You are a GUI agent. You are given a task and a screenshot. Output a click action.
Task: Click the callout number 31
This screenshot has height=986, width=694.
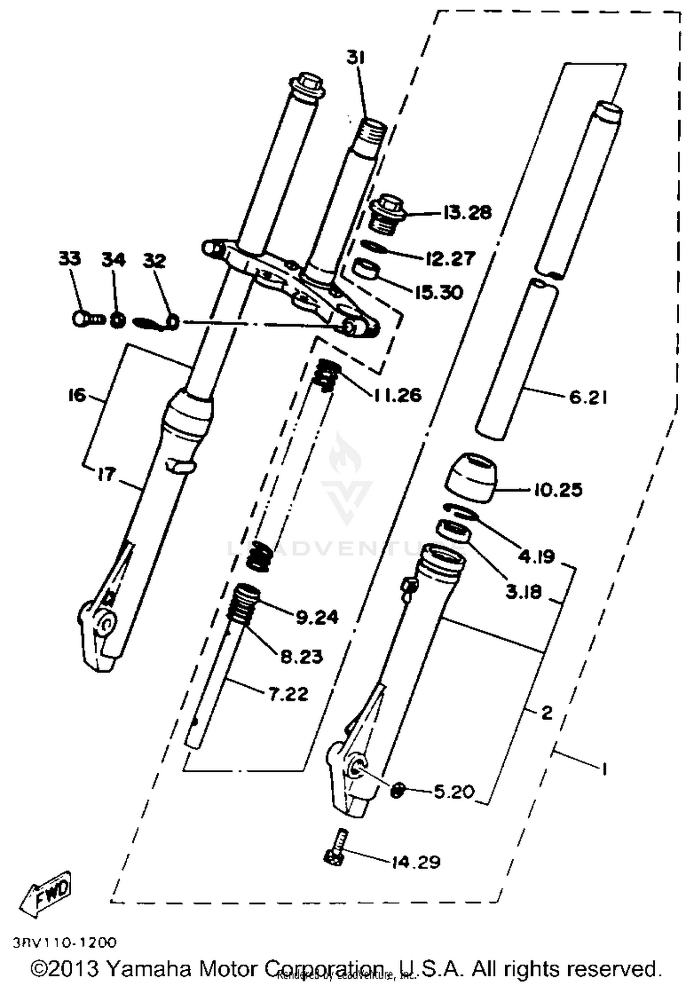[356, 59]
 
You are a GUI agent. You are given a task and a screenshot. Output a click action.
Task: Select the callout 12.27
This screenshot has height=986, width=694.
[450, 259]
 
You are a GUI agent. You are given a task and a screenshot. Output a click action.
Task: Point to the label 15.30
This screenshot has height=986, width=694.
[438, 292]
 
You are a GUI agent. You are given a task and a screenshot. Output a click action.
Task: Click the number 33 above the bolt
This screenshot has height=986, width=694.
[69, 259]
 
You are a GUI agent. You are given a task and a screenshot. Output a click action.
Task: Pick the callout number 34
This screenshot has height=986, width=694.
[113, 260]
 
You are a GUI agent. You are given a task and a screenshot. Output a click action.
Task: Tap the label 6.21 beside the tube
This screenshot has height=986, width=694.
[588, 397]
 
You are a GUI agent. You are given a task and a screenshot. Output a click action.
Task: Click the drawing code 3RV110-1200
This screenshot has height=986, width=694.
[65, 942]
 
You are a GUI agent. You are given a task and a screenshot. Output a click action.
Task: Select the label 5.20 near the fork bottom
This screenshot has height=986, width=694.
[454, 792]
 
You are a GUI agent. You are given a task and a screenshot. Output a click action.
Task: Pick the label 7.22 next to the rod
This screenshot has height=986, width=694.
[288, 694]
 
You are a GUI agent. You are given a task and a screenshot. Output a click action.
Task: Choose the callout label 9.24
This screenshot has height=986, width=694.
[317, 617]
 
